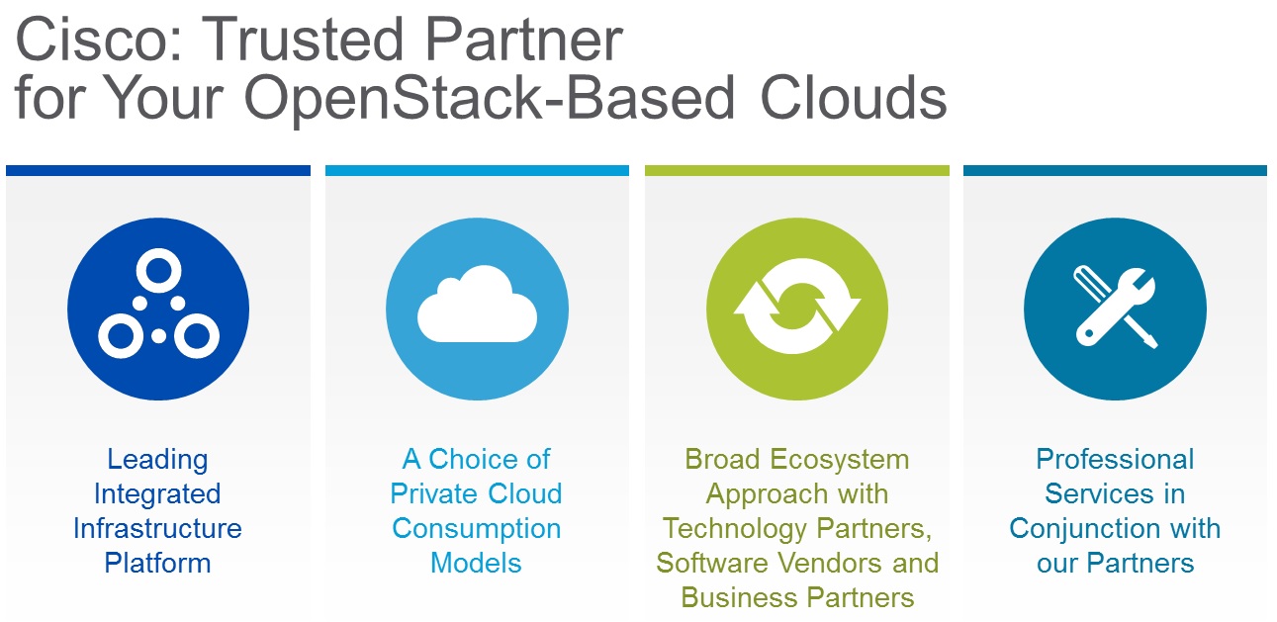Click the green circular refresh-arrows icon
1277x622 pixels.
click(x=797, y=310)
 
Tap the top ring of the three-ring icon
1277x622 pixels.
click(x=157, y=269)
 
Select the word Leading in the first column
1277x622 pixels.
click(x=157, y=459)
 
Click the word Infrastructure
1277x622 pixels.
click(x=157, y=528)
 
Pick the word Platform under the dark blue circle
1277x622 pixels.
click(x=157, y=563)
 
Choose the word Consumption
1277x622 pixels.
click(x=476, y=528)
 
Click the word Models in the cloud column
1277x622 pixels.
click(x=476, y=563)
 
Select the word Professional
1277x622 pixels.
click(x=1115, y=459)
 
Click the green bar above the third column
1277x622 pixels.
click(x=796, y=170)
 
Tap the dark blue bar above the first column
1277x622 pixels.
click(x=157, y=170)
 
